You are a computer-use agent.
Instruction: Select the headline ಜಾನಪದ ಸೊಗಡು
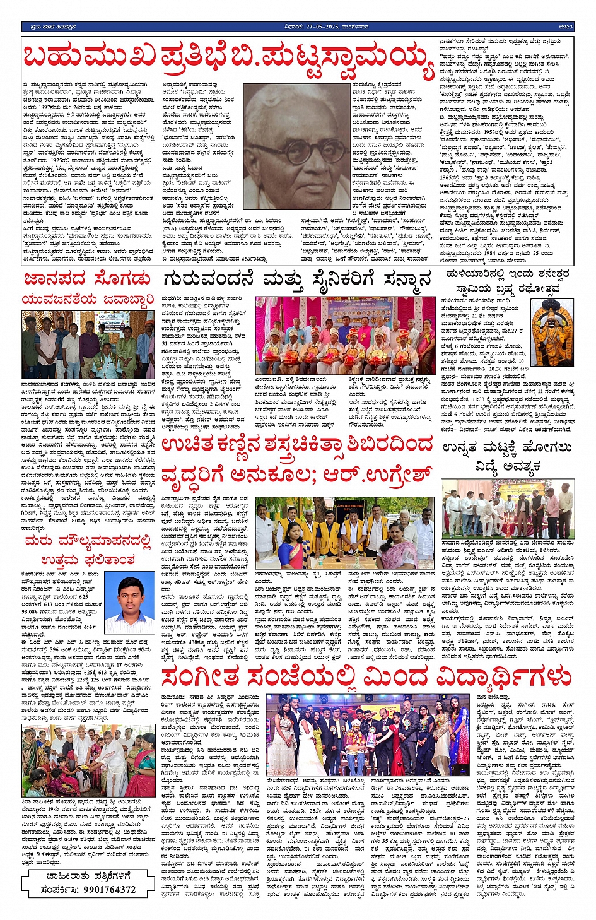point(87,279)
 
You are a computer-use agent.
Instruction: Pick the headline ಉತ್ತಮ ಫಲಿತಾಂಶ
point(88,560)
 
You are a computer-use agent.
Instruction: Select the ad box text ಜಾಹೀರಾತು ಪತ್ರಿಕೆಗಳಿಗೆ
point(88,876)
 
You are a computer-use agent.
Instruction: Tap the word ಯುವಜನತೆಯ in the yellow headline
point(60,299)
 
